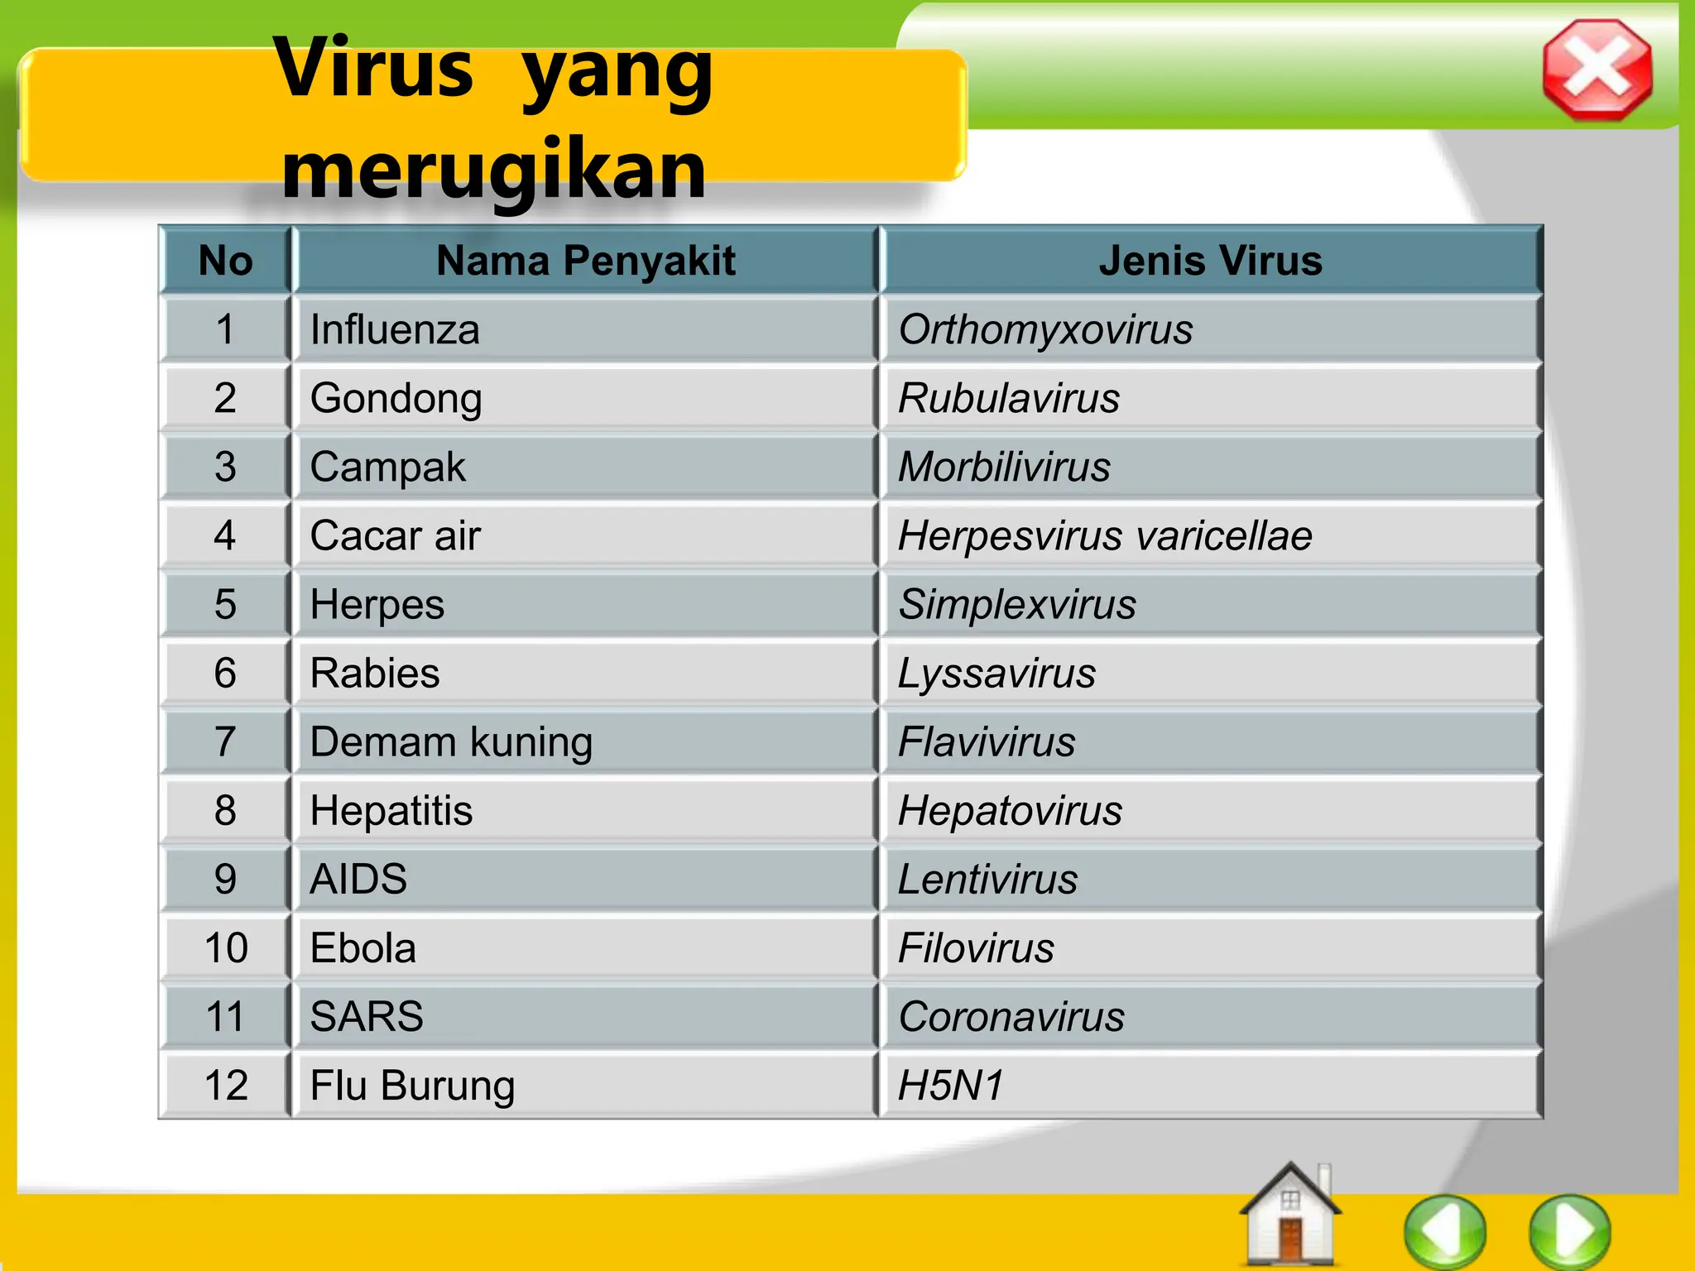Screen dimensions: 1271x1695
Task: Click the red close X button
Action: (1597, 70)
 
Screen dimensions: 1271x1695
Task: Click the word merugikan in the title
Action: (494, 169)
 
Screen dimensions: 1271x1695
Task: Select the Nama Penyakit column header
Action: (585, 261)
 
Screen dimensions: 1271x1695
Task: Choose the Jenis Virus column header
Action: (1210, 261)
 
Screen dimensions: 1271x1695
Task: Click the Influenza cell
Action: (395, 329)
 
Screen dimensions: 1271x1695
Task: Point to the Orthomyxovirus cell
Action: (1045, 329)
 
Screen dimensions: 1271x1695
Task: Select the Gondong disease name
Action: (396, 398)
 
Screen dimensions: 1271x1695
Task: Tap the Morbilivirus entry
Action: (1004, 467)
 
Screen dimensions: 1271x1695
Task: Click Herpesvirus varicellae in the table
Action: (1105, 535)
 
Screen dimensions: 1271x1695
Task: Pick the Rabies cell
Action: (375, 673)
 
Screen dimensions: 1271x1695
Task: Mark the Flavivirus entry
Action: (987, 741)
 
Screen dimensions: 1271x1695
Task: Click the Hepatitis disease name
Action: (391, 810)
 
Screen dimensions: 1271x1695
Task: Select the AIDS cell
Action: (358, 879)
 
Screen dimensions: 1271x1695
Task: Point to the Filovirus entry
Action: (977, 947)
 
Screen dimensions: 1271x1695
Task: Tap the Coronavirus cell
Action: (1011, 1016)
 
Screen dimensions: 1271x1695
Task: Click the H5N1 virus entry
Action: (952, 1085)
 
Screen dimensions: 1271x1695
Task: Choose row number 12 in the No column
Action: (226, 1085)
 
